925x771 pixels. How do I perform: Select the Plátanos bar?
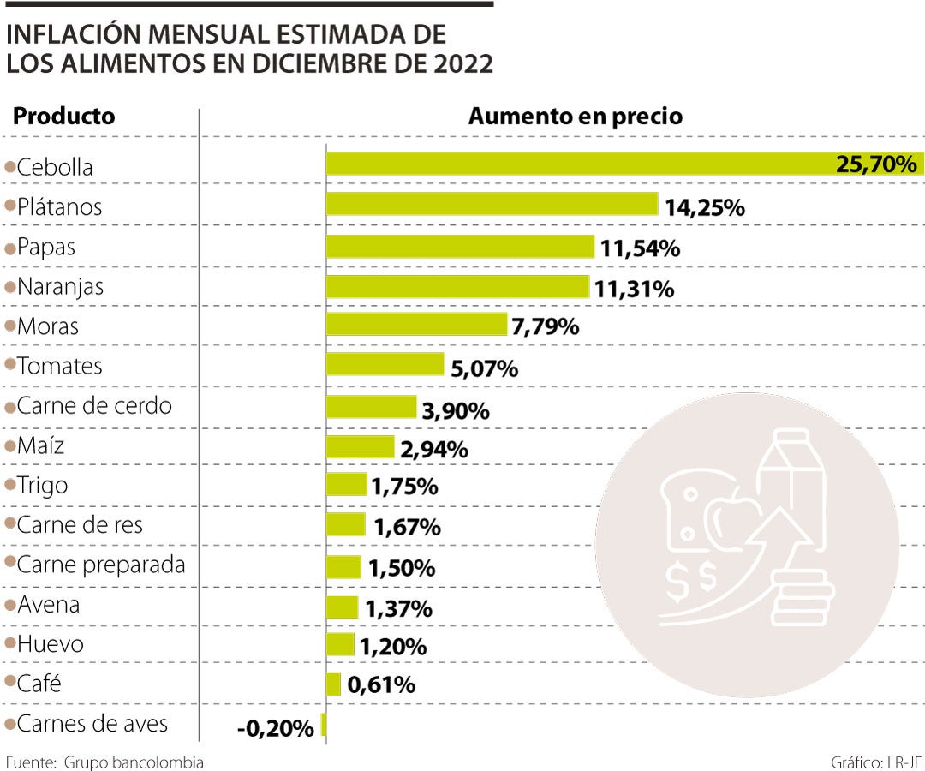click(x=492, y=204)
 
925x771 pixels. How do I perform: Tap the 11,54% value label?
click(x=640, y=249)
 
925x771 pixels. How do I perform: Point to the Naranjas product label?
click(x=60, y=286)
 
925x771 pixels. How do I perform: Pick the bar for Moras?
click(x=416, y=324)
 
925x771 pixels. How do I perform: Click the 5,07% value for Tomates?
click(x=484, y=369)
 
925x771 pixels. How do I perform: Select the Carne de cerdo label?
click(x=94, y=405)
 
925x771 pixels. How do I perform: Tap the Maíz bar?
click(x=360, y=445)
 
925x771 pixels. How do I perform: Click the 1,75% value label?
click(x=404, y=487)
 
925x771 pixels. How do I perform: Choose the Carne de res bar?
click(x=345, y=524)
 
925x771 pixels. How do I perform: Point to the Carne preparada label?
click(x=101, y=565)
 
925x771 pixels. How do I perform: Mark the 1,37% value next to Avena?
click(x=398, y=609)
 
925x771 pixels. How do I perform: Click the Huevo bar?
click(x=340, y=644)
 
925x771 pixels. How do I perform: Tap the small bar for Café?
click(x=334, y=684)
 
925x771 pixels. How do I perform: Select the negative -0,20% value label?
click(x=275, y=729)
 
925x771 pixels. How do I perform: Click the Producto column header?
click(x=64, y=117)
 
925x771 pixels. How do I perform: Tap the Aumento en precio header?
click(x=575, y=117)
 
